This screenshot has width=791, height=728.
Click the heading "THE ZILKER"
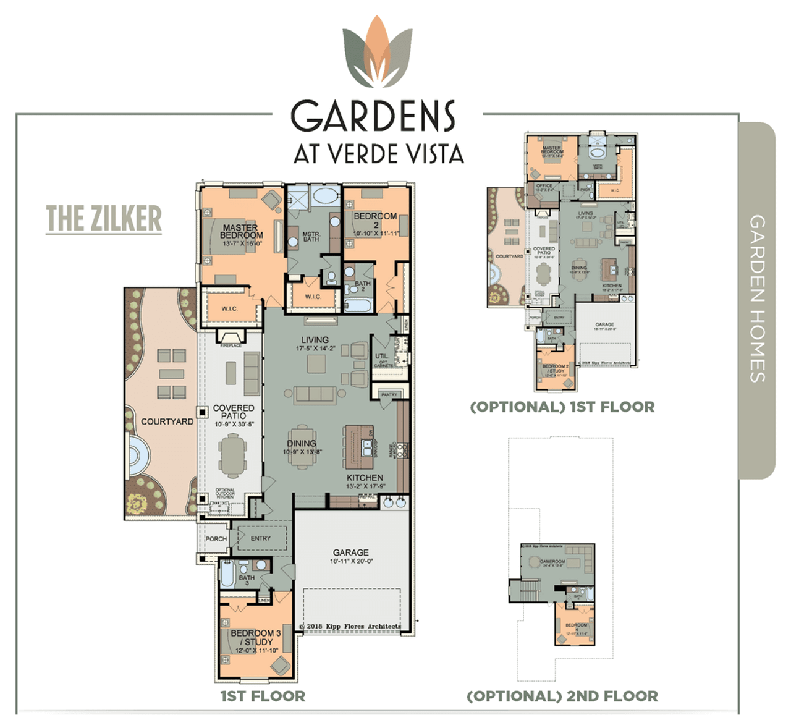tap(104, 219)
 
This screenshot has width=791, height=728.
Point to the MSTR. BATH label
tap(311, 237)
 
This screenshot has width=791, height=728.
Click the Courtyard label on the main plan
tap(167, 421)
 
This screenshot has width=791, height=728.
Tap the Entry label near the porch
tap(261, 538)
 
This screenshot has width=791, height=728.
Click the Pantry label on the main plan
tap(389, 394)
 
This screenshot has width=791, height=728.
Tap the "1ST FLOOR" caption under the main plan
tap(263, 696)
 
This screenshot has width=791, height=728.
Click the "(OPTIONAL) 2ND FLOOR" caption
tap(562, 696)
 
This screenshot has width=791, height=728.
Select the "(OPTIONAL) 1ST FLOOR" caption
tap(562, 407)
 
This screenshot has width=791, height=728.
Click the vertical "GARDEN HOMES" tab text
tap(757, 298)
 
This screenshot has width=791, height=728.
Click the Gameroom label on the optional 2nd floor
tap(552, 562)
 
